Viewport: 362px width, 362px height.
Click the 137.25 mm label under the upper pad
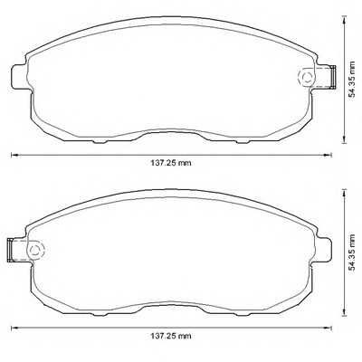click(172, 164)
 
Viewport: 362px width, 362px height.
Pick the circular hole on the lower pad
click(36, 249)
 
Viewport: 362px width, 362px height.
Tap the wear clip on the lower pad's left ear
click(12, 246)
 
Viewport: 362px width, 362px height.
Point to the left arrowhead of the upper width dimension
click(13, 156)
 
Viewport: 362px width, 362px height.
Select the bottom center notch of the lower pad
click(172, 303)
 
